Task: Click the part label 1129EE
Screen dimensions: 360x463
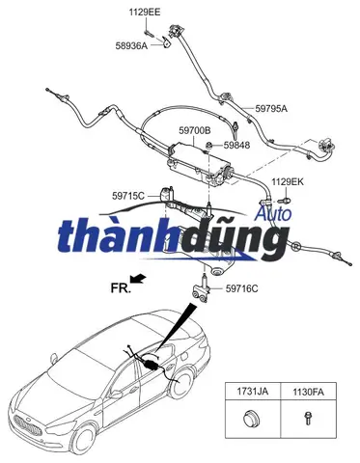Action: (x=147, y=12)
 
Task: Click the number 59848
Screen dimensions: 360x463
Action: (x=236, y=146)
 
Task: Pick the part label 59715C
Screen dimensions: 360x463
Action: (x=128, y=196)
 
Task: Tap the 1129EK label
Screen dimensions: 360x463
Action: (x=287, y=181)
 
